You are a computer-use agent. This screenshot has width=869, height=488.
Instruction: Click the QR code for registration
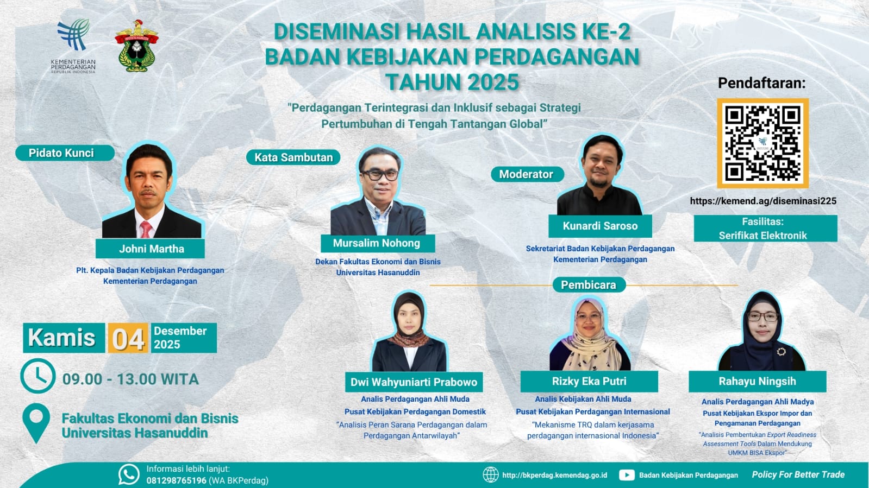click(x=762, y=143)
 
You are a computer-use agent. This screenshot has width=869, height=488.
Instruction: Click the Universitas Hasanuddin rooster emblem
click(x=136, y=46)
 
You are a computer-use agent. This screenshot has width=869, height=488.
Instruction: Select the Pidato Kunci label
click(x=65, y=153)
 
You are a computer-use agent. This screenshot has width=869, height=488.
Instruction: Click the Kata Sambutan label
click(x=293, y=157)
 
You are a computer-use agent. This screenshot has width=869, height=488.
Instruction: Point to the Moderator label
click(x=527, y=174)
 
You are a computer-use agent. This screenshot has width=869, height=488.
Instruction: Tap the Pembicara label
click(x=589, y=285)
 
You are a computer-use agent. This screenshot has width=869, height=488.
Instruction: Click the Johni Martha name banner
click(x=150, y=249)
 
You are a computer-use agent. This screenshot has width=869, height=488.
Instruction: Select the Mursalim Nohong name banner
click(x=378, y=243)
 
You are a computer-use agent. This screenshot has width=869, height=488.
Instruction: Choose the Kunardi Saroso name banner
click(x=600, y=226)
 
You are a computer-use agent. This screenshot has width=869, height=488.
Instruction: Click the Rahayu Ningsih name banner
click(x=757, y=382)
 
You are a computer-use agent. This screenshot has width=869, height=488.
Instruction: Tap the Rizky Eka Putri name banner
click(x=589, y=382)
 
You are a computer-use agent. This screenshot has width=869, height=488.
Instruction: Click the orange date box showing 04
click(x=128, y=338)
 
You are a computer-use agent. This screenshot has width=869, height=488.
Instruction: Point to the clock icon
click(x=38, y=376)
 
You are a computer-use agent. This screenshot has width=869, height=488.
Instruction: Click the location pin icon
click(x=36, y=422)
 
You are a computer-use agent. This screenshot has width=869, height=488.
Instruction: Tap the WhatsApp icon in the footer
click(x=129, y=474)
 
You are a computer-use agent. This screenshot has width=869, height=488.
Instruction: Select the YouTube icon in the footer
click(x=627, y=475)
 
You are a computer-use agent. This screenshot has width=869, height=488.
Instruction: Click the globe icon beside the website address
click(x=491, y=475)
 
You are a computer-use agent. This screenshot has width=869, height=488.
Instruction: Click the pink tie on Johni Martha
click(x=146, y=229)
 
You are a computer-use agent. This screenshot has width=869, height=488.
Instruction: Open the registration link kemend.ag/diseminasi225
click(x=763, y=201)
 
